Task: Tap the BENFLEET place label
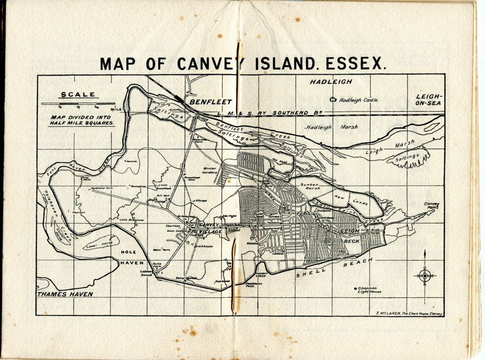[x=211, y=102]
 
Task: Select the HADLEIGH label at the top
[x=331, y=82]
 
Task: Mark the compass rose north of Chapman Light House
[x=424, y=276]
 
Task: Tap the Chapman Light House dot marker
[x=355, y=288]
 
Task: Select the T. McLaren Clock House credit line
[x=408, y=313]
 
